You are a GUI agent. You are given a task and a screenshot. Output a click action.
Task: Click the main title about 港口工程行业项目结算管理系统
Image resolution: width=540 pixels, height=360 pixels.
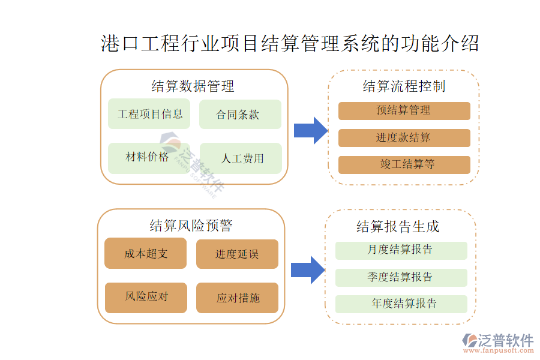coord(290,44)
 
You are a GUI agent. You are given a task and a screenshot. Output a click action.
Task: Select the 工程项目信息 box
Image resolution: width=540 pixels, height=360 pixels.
coord(149,114)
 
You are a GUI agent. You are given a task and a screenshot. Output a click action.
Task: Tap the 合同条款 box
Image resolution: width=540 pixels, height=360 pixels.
coord(240,114)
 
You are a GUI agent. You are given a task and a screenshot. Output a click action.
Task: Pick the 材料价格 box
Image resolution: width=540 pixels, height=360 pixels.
coord(147,158)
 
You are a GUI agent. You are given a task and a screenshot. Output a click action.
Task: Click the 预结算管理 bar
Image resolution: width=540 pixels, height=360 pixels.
coord(404,110)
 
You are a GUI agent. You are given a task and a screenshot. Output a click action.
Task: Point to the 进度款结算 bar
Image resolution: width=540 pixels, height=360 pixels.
coord(404,138)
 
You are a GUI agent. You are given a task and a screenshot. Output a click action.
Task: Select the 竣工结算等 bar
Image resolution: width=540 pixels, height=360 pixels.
coord(404,164)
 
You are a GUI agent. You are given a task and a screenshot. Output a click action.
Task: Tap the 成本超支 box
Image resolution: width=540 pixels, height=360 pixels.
coord(146,253)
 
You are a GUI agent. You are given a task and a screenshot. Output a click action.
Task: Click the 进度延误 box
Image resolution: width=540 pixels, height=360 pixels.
coord(237,254)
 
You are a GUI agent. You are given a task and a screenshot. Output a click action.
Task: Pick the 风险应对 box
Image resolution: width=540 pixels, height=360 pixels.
coord(146,297)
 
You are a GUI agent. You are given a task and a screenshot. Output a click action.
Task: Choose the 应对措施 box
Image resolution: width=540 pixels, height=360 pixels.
coord(237,298)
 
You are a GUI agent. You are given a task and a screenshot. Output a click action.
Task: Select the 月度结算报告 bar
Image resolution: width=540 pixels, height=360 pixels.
coord(401,250)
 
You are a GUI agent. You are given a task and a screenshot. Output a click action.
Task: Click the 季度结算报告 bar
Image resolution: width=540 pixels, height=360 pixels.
coord(401,277)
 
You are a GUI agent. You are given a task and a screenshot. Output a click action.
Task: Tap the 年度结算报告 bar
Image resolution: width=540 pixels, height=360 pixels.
coord(401,304)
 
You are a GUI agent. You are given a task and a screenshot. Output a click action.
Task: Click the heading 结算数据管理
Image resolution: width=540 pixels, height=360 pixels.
coord(193,86)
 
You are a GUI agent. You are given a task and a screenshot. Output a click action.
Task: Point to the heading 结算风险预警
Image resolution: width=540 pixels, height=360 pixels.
coord(191,226)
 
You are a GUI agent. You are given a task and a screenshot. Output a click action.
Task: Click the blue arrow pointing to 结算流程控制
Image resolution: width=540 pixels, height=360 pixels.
coord(310,130)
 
